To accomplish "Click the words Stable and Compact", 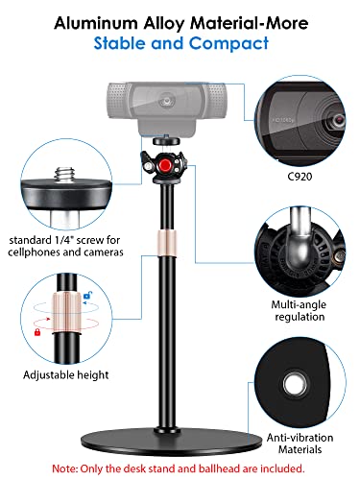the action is pos(180,42).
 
